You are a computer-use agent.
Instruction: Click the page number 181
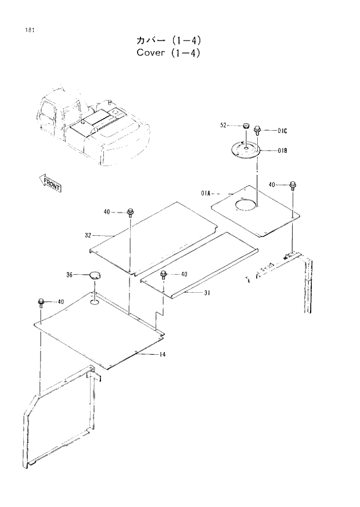29,31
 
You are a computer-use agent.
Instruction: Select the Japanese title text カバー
149,41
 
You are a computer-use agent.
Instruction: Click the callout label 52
224,125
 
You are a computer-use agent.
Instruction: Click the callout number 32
88,235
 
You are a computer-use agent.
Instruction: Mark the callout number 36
69,275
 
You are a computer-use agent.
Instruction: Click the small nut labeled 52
245,125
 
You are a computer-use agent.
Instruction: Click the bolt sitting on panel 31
164,274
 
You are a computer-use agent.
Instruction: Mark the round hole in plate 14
94,303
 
